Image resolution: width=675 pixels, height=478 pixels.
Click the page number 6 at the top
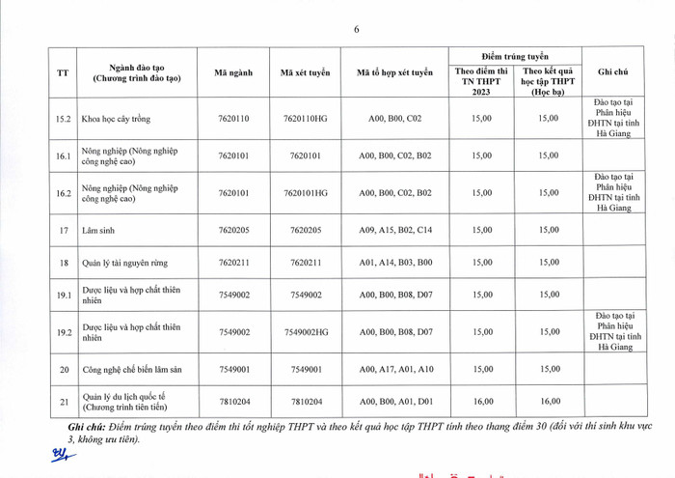[356, 29]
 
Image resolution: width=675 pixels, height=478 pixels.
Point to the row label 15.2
[64, 119]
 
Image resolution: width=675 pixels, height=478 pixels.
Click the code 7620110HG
[305, 119]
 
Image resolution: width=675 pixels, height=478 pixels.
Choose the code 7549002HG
[305, 332]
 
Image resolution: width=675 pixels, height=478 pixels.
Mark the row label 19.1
[64, 295]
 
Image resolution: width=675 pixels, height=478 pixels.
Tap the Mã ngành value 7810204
[234, 402]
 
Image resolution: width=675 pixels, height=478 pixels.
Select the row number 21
[64, 402]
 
